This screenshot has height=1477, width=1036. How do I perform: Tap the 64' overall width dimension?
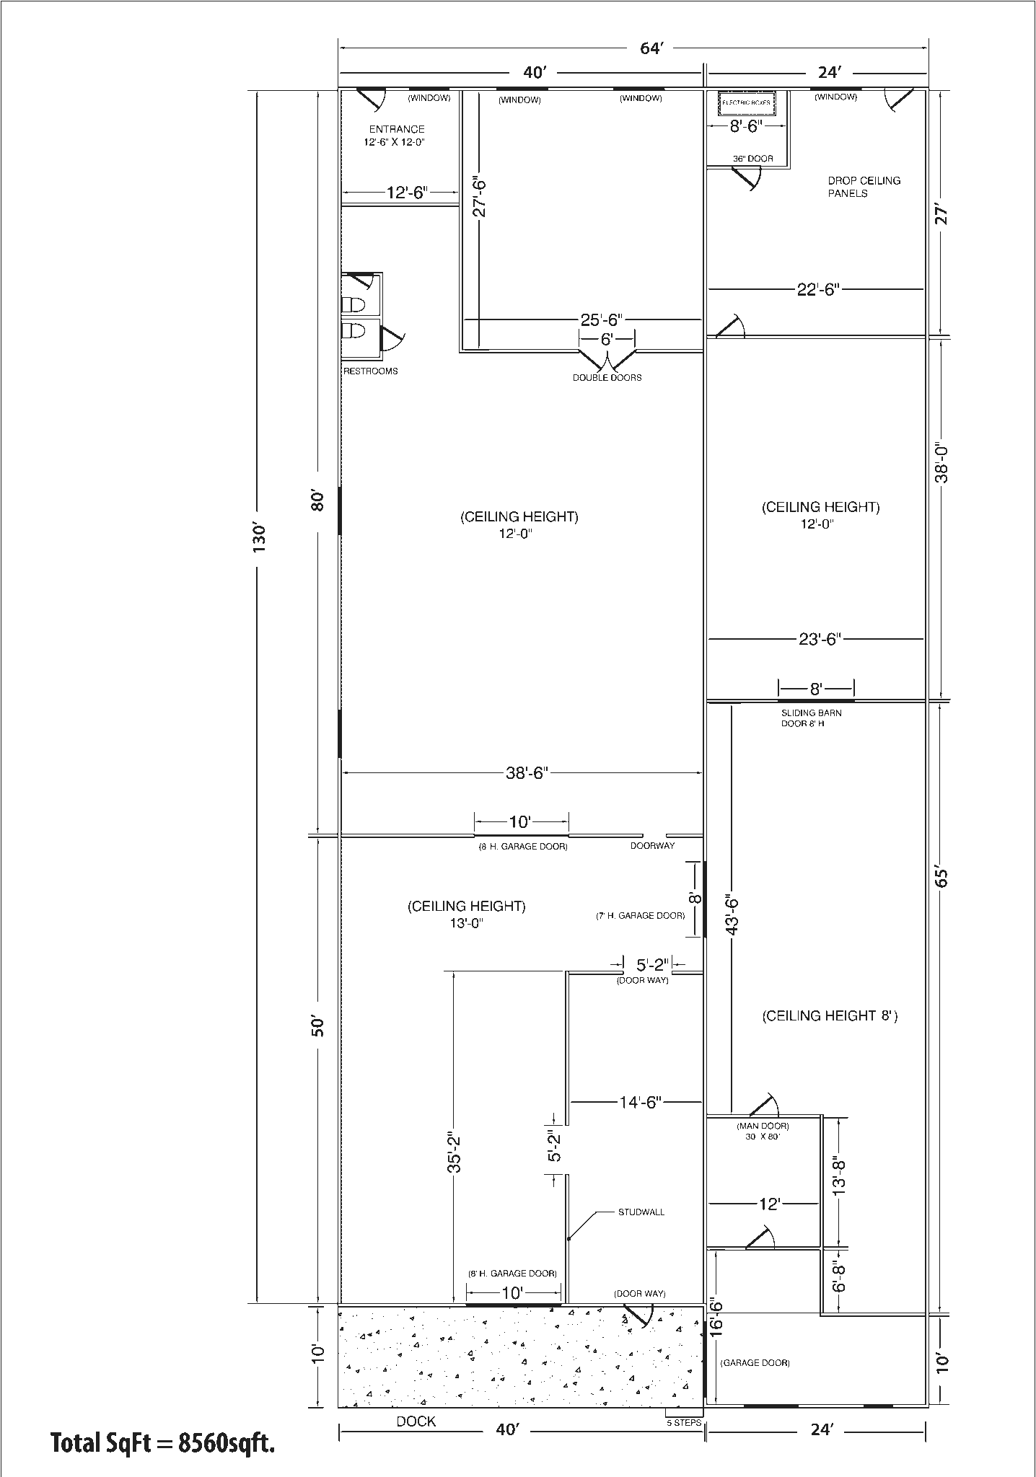(651, 48)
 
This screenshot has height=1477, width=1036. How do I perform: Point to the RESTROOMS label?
(370, 371)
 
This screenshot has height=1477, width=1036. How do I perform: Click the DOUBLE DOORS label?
(607, 377)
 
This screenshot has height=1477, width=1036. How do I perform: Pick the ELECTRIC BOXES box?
(747, 103)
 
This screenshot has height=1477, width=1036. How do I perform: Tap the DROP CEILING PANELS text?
(864, 187)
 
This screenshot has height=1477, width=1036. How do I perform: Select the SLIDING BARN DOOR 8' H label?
(811, 718)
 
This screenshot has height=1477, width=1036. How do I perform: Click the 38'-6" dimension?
(527, 773)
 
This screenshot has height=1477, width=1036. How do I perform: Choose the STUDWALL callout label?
(641, 1212)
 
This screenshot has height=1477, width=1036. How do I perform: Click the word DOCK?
(416, 1421)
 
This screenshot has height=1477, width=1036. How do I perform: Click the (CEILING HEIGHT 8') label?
(830, 1016)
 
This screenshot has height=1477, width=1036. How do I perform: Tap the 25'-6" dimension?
(601, 319)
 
